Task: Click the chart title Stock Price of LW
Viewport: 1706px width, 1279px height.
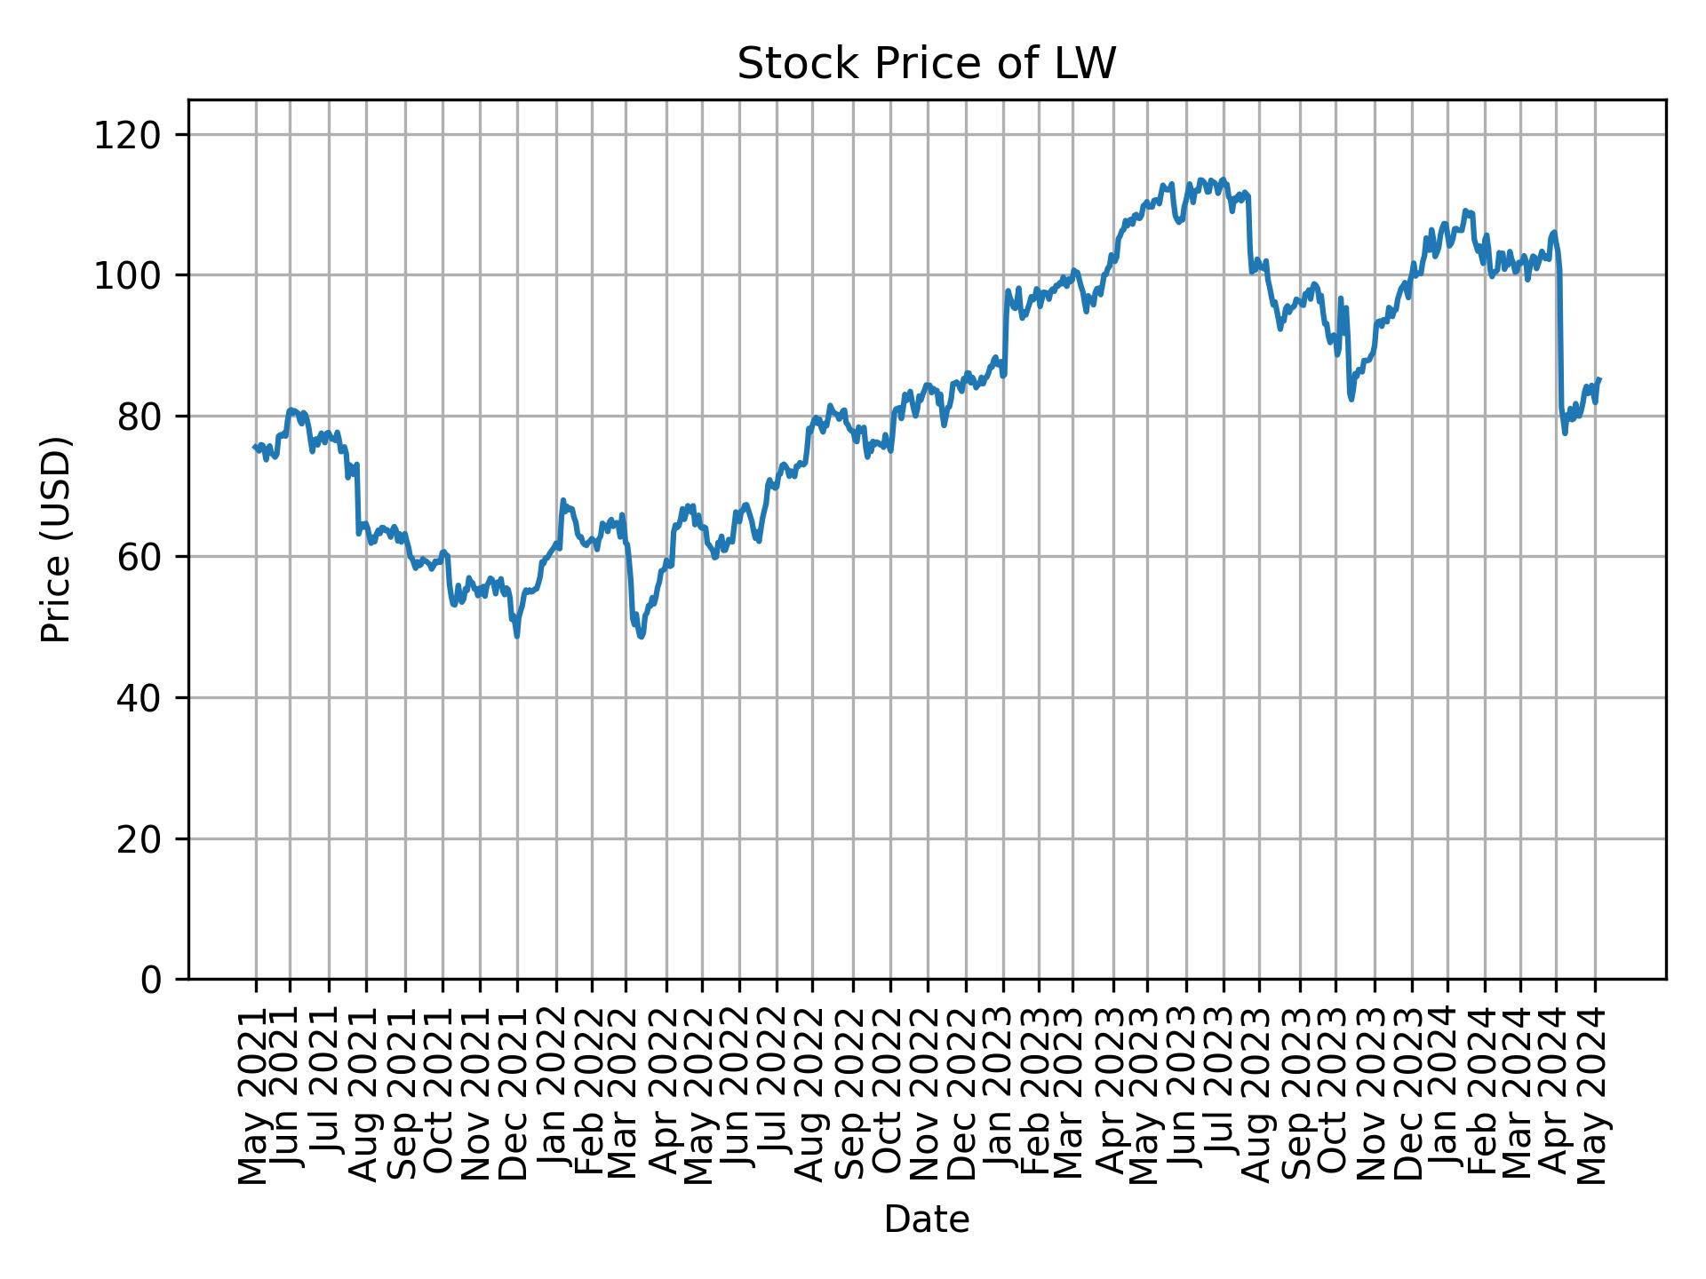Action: coord(926,64)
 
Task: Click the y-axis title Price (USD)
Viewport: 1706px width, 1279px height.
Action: coord(56,539)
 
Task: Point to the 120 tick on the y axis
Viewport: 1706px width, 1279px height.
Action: coord(139,135)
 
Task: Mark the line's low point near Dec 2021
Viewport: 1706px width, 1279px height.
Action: coord(516,636)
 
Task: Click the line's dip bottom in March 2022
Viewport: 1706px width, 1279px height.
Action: coord(641,637)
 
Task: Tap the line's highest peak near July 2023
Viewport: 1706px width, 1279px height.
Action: coord(1224,179)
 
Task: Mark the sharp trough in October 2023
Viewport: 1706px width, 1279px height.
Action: coord(1351,399)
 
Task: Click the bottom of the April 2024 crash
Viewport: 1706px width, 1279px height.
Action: coord(1565,433)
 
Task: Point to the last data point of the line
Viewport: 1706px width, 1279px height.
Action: coord(1599,378)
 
